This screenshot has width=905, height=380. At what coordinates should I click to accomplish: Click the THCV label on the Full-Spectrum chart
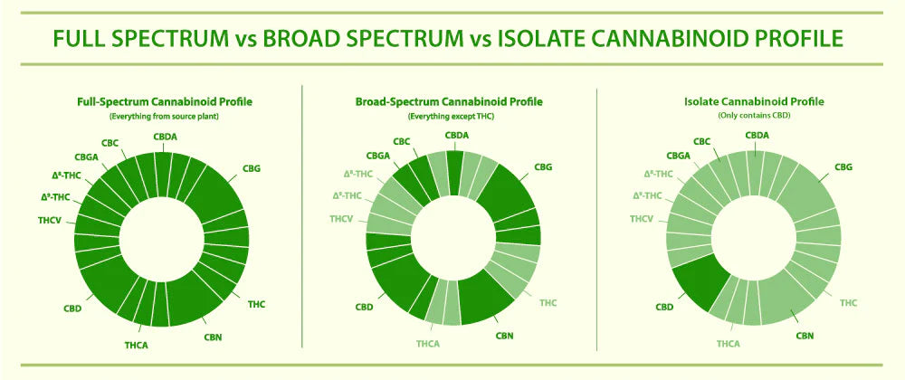pos(49,219)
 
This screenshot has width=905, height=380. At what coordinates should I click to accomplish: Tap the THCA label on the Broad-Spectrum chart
pos(427,344)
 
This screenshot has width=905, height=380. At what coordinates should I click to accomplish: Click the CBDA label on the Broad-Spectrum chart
pos(458,136)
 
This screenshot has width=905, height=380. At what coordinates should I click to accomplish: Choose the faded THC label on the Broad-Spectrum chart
pos(549,302)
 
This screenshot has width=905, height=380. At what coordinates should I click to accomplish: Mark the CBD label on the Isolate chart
pos(665,308)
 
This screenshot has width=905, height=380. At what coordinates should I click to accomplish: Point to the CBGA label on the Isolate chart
pos(679,156)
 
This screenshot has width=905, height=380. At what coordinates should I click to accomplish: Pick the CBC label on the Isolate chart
pos(702,141)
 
